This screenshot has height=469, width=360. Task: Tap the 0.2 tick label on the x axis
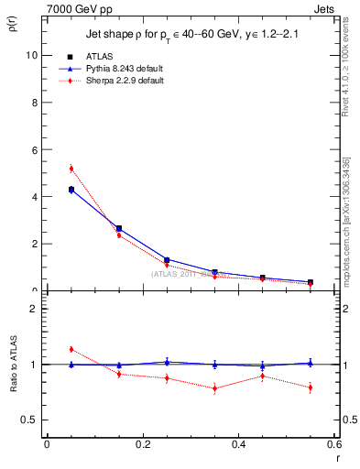click(142, 444)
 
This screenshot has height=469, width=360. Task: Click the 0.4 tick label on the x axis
click(238, 444)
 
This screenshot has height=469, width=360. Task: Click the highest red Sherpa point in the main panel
click(71, 169)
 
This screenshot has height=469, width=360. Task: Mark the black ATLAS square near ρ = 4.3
click(71, 190)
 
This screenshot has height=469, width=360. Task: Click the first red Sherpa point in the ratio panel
click(71, 349)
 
